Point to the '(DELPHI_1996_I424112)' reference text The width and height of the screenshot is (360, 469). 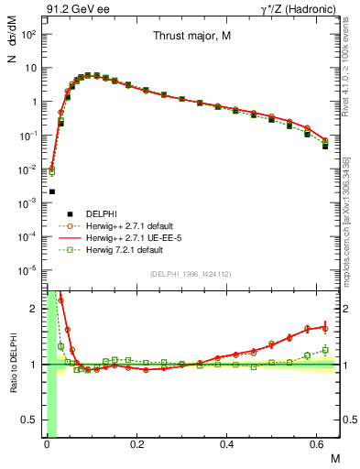click(190, 275)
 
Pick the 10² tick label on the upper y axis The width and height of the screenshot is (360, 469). click(29, 34)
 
